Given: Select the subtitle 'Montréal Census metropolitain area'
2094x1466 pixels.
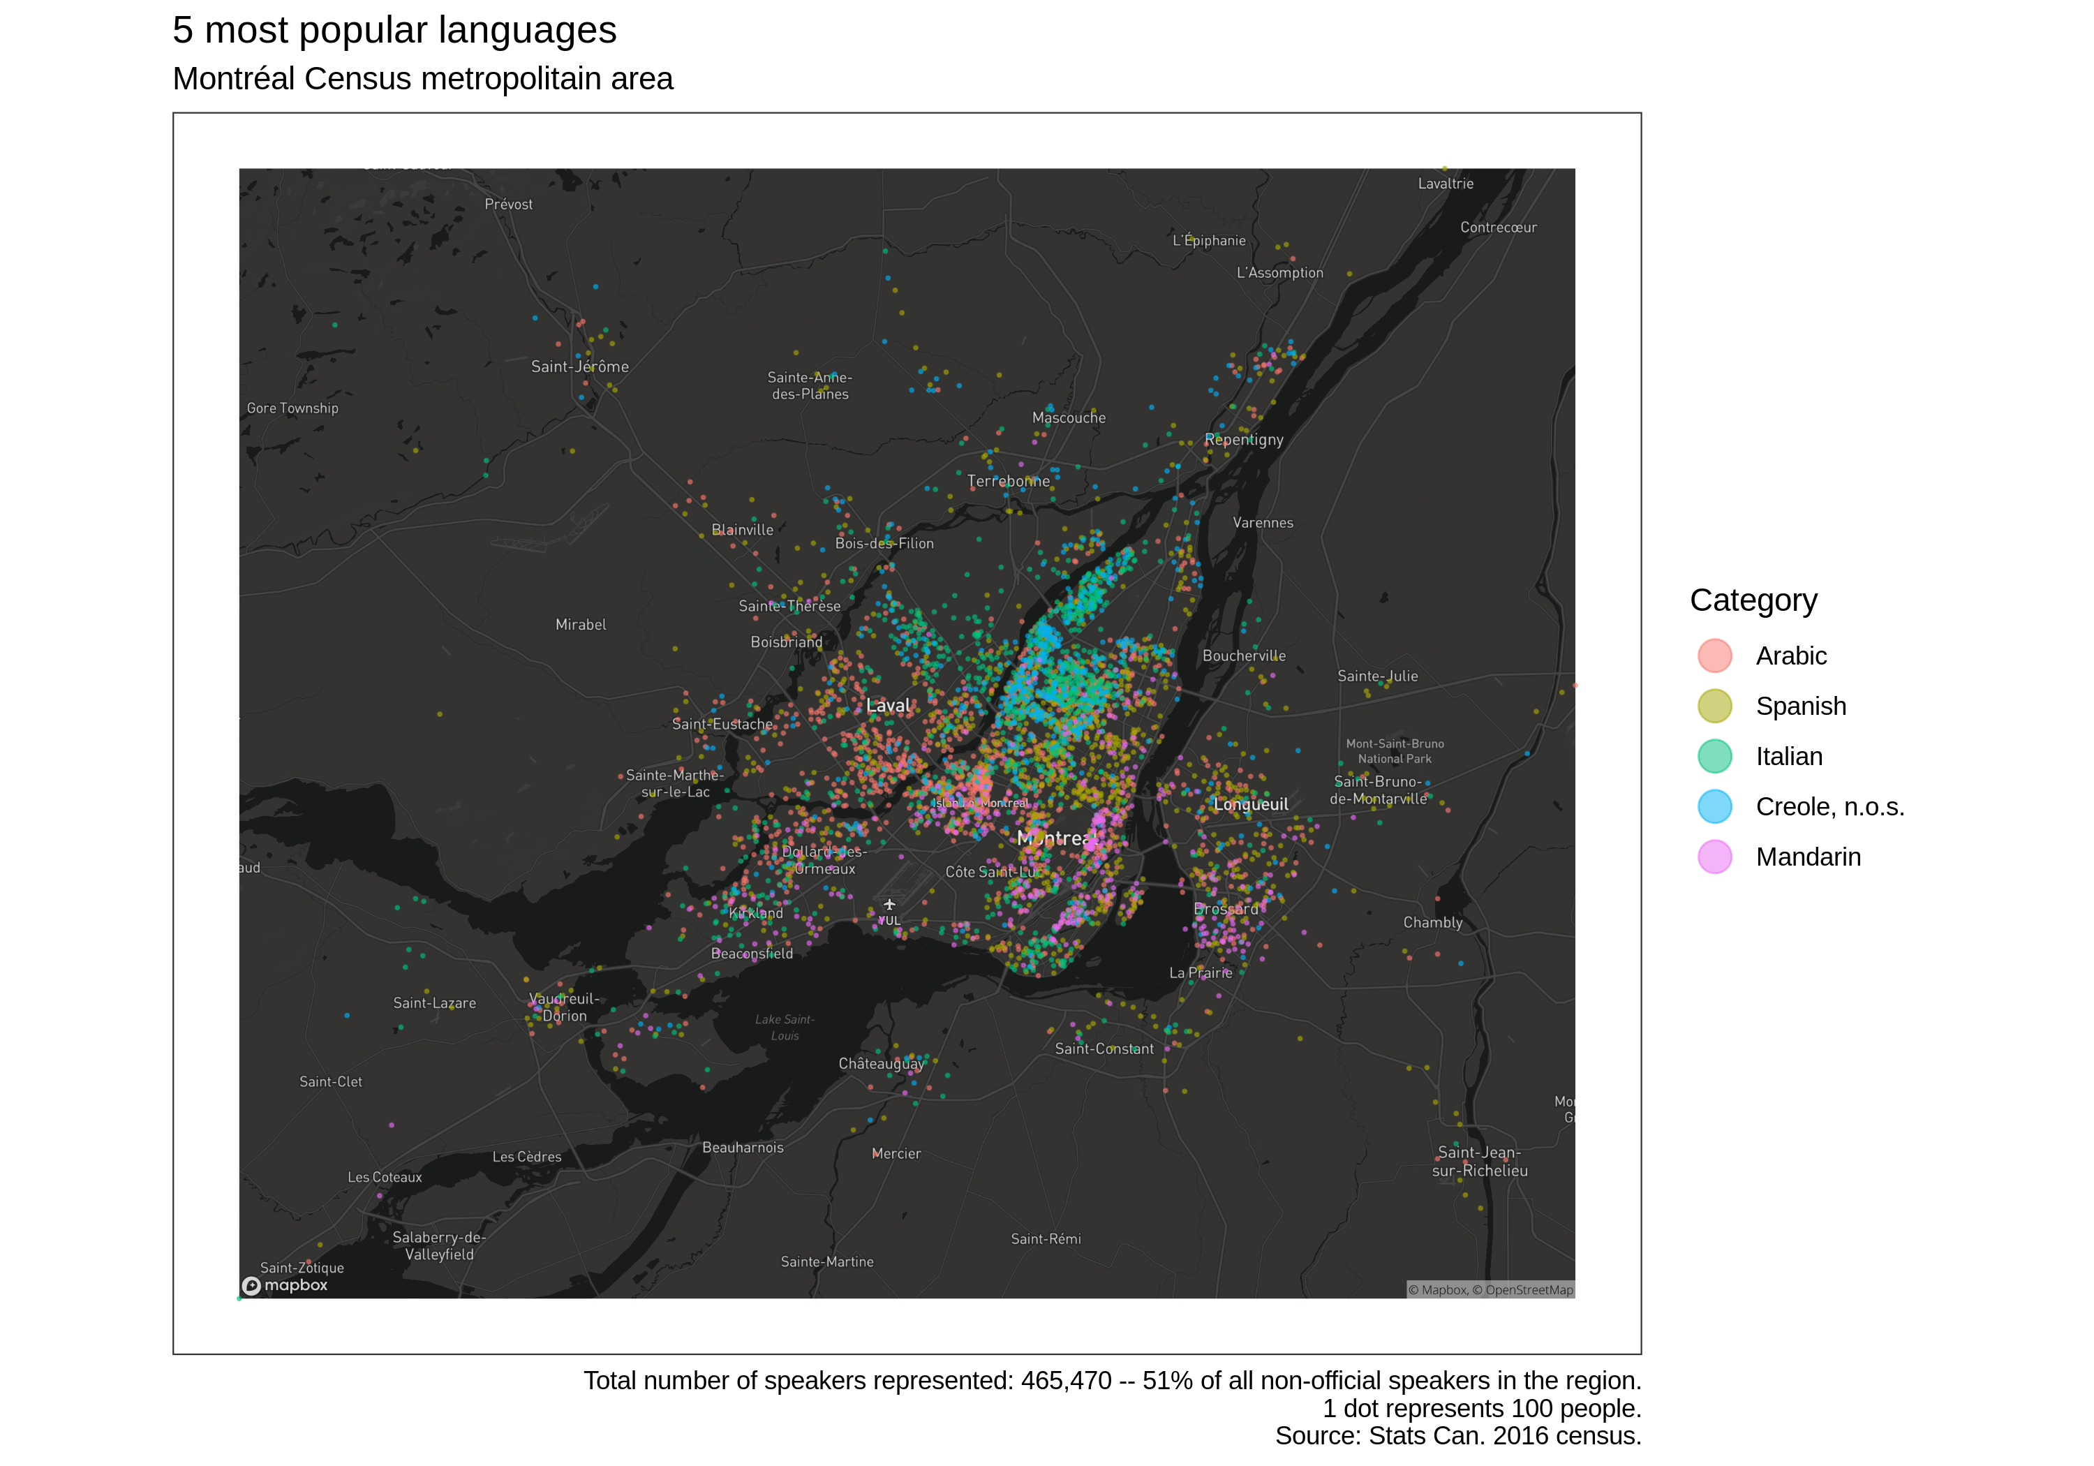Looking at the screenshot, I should [422, 80].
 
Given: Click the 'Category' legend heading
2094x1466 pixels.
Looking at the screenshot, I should [1753, 600].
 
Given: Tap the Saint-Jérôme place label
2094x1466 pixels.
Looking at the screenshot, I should [580, 366].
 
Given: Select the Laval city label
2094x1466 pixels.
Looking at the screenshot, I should [887, 705].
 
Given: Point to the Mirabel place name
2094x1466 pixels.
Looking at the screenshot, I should [580, 625].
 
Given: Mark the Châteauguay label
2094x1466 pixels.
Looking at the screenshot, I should [881, 1064].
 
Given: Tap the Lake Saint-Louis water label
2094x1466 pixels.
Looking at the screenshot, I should [785, 1027].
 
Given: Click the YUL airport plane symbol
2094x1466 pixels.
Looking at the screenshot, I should [889, 905].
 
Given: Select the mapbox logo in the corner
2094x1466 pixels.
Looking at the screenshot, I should [285, 1285].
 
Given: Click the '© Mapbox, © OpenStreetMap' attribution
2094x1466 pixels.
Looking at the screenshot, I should [1490, 1290].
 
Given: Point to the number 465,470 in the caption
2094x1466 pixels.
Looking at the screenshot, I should [1065, 1381].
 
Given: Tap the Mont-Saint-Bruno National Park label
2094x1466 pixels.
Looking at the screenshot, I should [1395, 750].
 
